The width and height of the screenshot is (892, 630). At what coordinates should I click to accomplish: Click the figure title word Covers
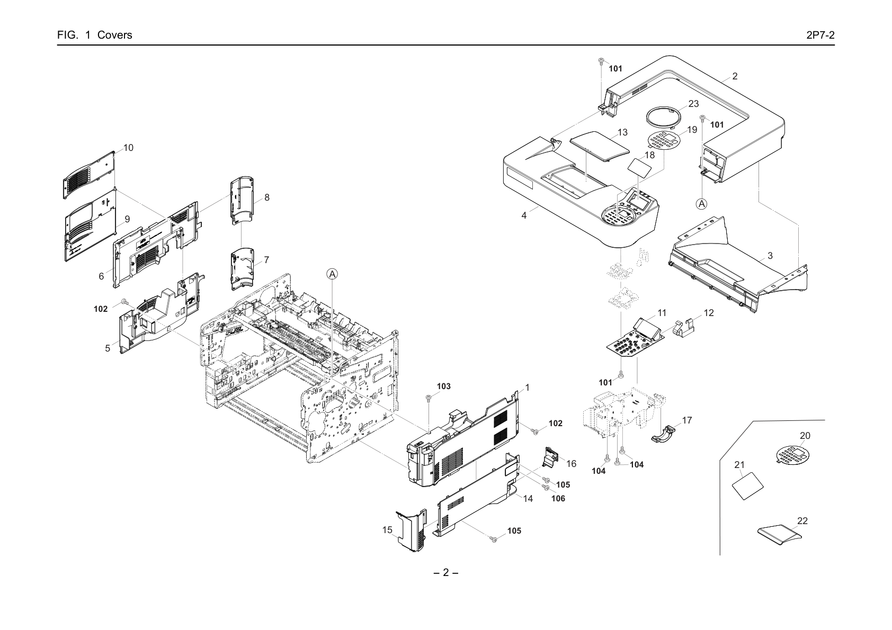[115, 35]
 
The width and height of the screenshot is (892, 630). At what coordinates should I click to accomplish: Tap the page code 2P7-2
[820, 35]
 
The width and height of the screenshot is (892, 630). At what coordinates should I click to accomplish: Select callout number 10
[128, 148]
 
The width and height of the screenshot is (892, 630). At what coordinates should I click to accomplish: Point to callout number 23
[693, 103]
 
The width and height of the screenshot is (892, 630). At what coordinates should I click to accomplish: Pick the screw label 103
[443, 386]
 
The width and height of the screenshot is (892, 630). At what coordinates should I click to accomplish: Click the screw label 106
[558, 498]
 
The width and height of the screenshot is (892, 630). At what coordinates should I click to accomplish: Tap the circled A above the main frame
[332, 274]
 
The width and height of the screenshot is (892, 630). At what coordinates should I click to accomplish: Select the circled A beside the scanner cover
[701, 204]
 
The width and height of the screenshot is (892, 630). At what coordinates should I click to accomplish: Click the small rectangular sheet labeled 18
[639, 168]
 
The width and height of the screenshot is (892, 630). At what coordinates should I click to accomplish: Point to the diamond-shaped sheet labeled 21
[748, 485]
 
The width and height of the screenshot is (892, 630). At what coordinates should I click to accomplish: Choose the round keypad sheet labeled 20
[793, 455]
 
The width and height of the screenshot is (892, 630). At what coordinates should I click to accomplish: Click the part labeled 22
[779, 535]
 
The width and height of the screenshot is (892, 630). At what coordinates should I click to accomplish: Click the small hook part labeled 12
[684, 328]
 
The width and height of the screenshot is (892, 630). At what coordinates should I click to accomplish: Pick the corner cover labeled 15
[412, 530]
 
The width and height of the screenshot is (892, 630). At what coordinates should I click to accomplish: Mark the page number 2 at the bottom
[445, 573]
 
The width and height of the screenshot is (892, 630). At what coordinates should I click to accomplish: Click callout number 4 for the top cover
[524, 215]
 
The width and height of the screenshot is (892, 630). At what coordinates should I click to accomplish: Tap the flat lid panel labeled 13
[600, 147]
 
